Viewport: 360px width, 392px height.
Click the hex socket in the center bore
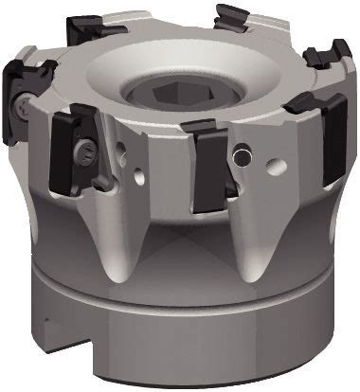(175, 96)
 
